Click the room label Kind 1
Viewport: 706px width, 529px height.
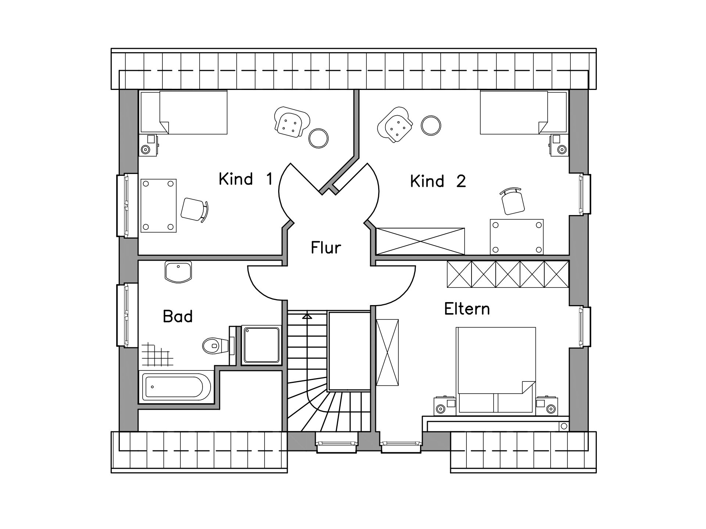point(246,179)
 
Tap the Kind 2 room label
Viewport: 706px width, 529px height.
point(438,181)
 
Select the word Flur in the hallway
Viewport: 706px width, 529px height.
point(326,247)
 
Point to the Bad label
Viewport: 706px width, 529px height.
point(178,316)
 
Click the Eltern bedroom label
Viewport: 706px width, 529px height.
point(467,309)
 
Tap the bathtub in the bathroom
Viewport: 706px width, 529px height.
point(176,387)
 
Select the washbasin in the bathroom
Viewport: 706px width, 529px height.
point(178,272)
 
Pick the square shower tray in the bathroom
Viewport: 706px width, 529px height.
point(261,345)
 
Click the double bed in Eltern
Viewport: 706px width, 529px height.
point(496,371)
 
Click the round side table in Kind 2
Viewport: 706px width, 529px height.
point(431,126)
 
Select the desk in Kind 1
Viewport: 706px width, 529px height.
point(159,206)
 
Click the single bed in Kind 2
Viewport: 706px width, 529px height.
point(523,113)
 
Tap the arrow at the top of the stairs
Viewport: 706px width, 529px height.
point(308,316)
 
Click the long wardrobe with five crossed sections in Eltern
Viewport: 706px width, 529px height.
point(508,274)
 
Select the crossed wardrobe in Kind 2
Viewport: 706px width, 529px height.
point(420,241)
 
